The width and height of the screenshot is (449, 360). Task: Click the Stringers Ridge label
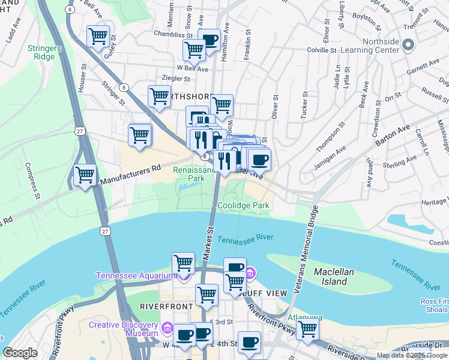click(41, 52)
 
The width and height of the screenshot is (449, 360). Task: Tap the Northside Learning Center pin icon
click(408, 45)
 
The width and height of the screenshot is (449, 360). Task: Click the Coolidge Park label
click(243, 205)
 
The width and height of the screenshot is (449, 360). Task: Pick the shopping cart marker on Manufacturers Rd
click(85, 175)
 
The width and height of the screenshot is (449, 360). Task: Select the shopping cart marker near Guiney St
click(98, 35)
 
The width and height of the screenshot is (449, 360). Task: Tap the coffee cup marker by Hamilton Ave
click(208, 40)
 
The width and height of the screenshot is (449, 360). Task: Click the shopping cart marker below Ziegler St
click(159, 95)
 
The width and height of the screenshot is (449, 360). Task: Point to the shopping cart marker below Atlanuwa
click(307, 328)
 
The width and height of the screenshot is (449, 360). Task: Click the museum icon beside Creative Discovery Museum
click(167, 329)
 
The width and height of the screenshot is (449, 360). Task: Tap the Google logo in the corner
click(20, 353)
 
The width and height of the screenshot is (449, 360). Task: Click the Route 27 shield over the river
click(105, 231)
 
